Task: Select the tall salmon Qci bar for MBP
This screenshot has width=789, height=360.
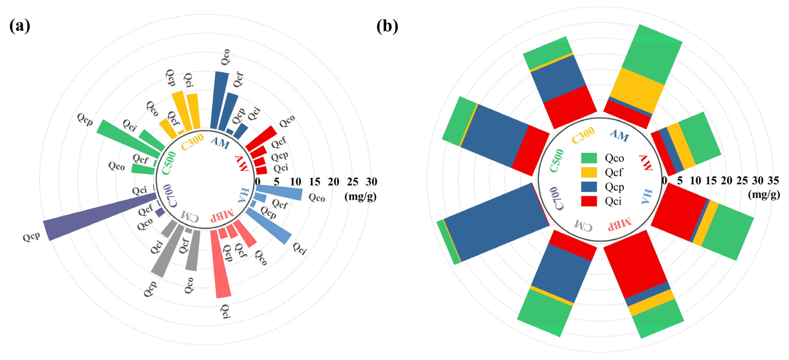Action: tap(221, 264)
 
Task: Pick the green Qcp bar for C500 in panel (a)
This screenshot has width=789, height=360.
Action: tap(129, 138)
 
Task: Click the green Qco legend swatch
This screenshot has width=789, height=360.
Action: tap(589, 158)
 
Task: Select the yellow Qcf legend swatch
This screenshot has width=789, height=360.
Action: tap(589, 172)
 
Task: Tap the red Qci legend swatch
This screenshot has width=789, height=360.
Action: tap(589, 201)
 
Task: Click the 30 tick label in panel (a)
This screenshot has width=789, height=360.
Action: tap(371, 182)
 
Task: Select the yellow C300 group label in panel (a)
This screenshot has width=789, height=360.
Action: tap(192, 142)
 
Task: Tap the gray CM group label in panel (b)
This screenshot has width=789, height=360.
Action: tap(583, 225)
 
